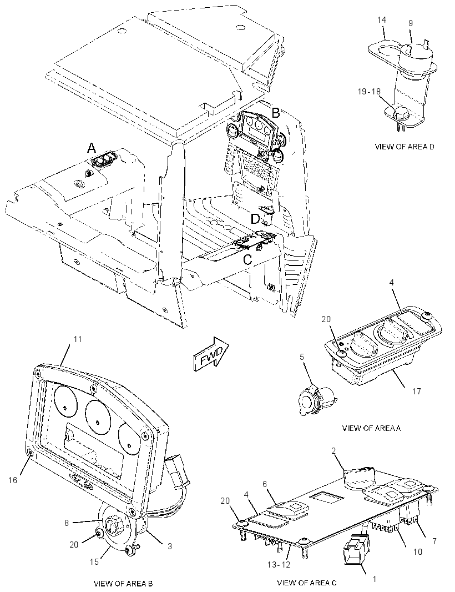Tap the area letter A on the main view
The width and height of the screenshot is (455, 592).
(x=92, y=148)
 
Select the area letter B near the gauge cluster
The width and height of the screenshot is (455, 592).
(x=276, y=113)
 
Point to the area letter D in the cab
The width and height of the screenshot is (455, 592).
(x=255, y=219)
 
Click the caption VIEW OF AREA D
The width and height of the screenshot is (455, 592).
(x=405, y=147)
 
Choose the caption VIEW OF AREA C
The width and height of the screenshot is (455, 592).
(x=307, y=583)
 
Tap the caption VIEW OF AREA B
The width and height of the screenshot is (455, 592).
(x=123, y=583)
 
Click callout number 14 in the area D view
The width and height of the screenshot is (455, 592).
(x=382, y=20)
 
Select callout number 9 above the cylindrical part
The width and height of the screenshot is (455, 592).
(x=411, y=23)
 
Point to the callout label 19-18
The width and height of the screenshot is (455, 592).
(x=370, y=92)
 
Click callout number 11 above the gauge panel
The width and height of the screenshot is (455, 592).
(x=77, y=339)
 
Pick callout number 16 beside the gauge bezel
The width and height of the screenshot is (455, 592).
(x=13, y=480)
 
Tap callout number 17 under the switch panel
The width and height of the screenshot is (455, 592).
(x=417, y=392)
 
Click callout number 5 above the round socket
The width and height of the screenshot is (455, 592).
(x=302, y=357)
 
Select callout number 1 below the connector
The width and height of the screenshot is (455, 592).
(x=374, y=578)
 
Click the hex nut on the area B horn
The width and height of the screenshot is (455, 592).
(x=113, y=525)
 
